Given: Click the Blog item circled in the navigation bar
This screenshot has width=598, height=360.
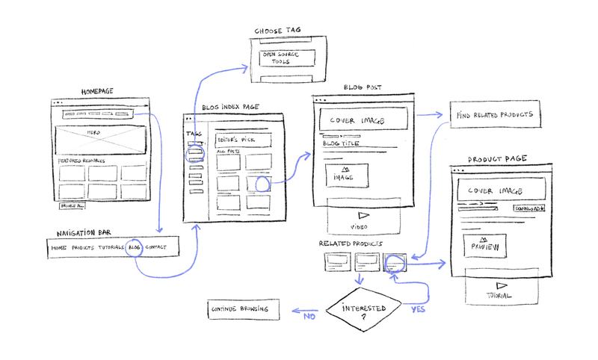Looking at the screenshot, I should pos(135,247).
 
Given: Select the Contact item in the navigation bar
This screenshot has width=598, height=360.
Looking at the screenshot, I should pos(157,247).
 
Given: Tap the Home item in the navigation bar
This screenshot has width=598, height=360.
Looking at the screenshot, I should pos(58,247).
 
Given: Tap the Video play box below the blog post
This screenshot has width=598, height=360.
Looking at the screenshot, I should pos(363,215).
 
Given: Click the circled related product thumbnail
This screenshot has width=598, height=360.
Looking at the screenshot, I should pos(393,261).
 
